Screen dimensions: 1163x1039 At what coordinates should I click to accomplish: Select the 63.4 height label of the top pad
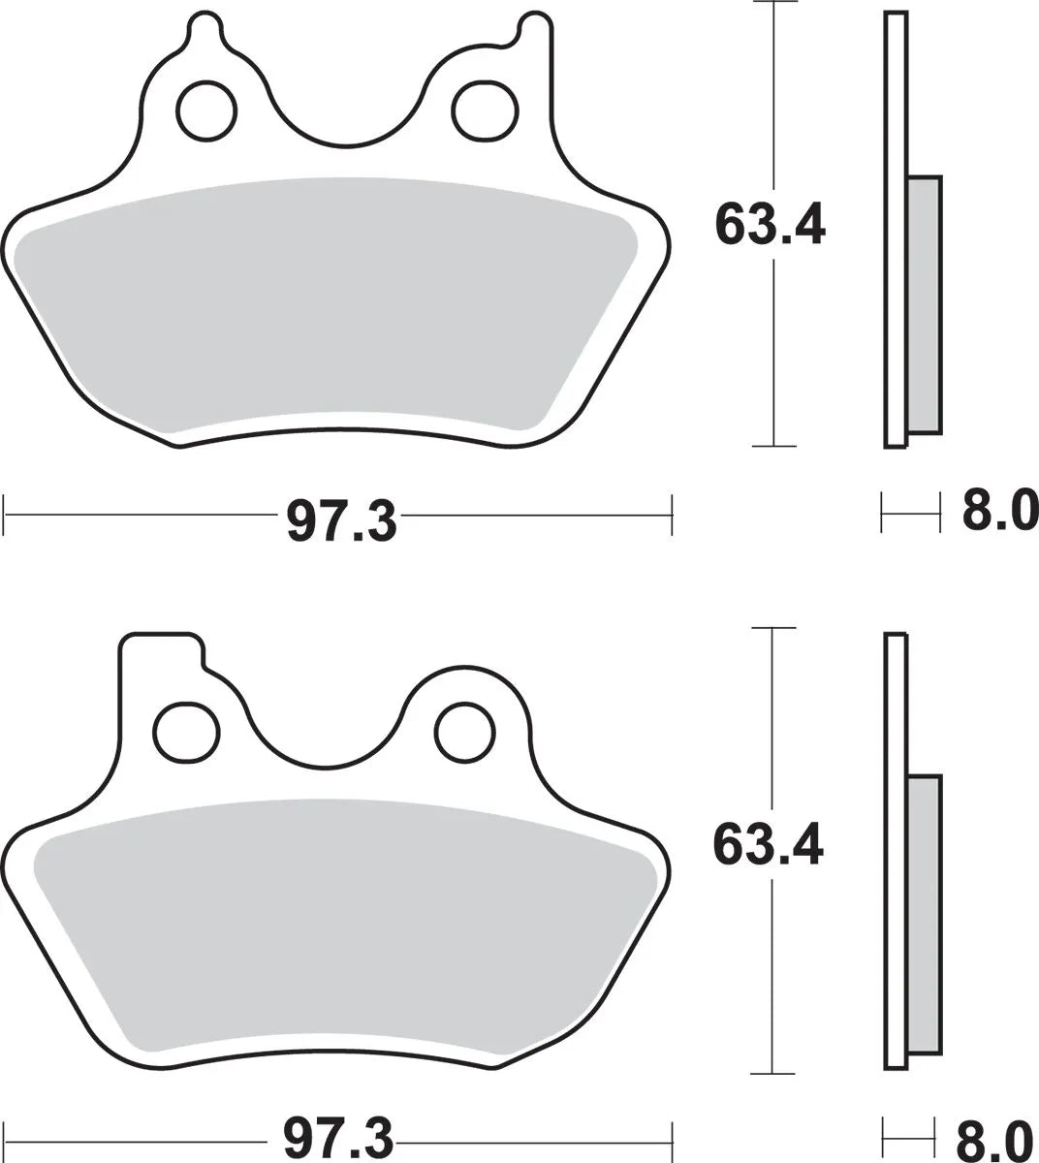pos(771,225)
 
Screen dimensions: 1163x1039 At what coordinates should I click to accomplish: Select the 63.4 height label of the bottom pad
pos(769,844)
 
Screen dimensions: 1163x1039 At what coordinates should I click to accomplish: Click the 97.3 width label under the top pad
pos(341,522)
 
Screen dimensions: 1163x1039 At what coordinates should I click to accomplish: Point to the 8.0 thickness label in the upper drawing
pos(999,510)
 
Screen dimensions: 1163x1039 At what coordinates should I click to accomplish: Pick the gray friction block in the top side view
pos(924,305)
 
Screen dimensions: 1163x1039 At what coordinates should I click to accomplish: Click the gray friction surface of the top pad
pos(330,300)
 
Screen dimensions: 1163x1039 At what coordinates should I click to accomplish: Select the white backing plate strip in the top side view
pos(896,229)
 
